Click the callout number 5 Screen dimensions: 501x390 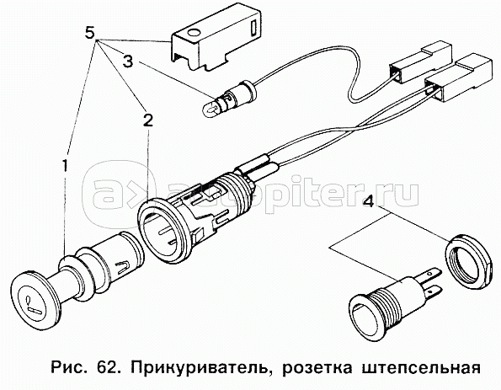point(90,32)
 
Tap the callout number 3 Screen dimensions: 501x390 point(128,61)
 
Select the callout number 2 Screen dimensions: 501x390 point(147,120)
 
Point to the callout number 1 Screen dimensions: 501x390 point(65,166)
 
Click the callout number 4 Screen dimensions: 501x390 point(369,200)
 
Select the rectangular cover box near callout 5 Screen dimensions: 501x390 point(216,40)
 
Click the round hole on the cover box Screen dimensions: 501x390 point(193,34)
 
